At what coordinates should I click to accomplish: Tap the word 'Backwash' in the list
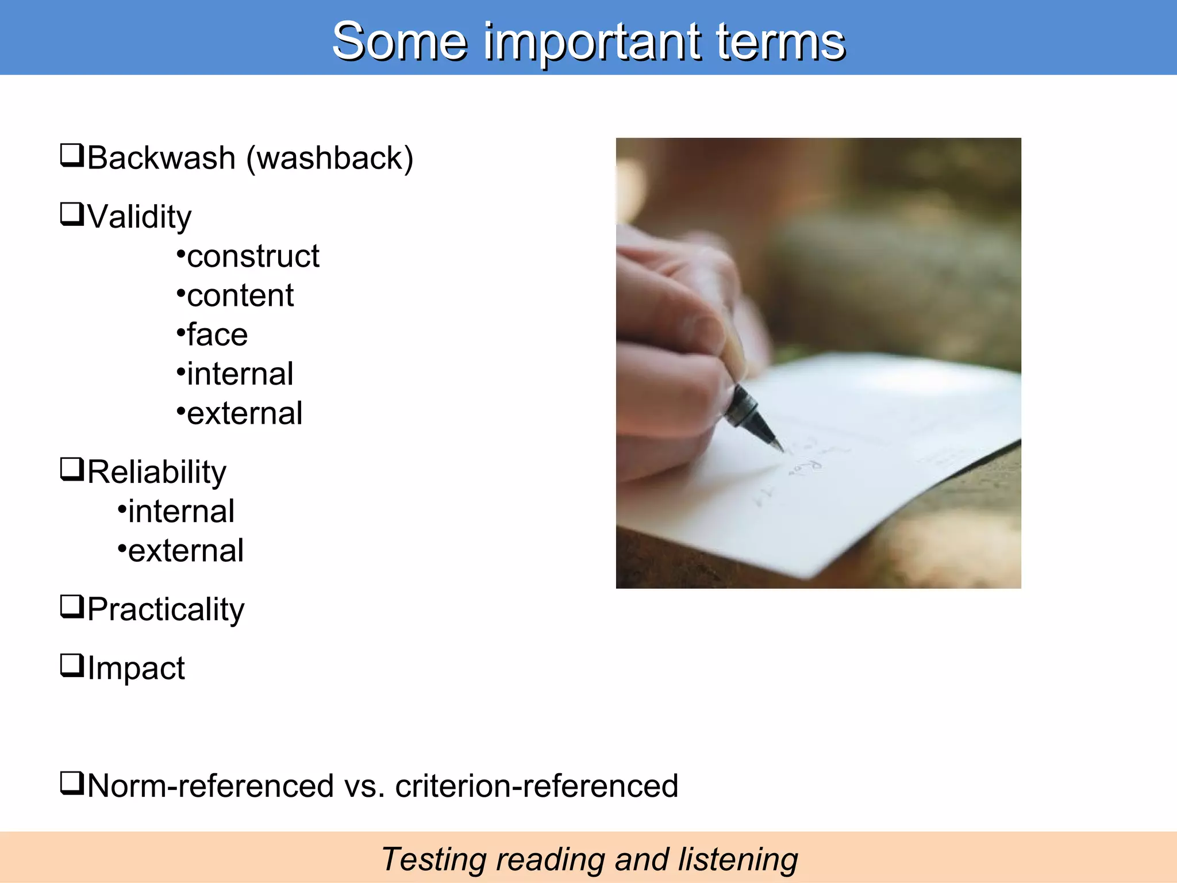pos(161,158)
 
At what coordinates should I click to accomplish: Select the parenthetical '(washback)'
pos(330,159)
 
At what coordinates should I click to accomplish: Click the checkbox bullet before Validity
pos(72,214)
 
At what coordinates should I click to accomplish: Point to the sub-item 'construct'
pos(253,256)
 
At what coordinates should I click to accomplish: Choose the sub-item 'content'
pos(240,296)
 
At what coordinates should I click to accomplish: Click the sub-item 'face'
pos(217,335)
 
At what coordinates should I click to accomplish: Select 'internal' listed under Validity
pos(240,374)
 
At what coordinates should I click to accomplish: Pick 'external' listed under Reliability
pos(186,551)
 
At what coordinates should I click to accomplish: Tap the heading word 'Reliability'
pos(156,472)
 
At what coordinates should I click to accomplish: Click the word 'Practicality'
pos(166,609)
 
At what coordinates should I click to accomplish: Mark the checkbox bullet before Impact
pos(72,666)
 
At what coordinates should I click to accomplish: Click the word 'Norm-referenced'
pos(210,786)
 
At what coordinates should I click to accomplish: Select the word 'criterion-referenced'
pos(536,786)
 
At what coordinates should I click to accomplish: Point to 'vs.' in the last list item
pos(364,786)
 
